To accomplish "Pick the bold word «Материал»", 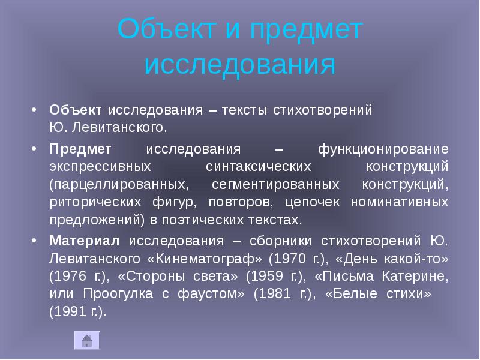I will [85, 241].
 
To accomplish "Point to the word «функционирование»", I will [382, 148].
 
